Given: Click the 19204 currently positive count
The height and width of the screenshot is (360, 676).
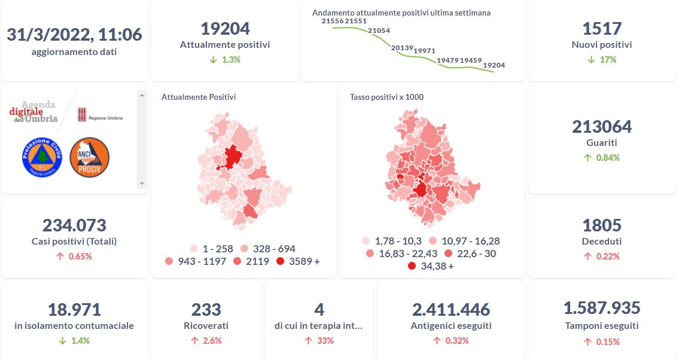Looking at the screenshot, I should [225, 29].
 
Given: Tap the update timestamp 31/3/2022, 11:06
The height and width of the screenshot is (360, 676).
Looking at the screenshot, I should [74, 35].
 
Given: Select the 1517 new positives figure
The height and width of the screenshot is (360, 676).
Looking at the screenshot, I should [602, 29].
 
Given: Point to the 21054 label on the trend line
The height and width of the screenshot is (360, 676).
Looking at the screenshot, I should [379, 30].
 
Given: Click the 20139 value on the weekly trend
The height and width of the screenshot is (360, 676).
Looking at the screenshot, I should [402, 48].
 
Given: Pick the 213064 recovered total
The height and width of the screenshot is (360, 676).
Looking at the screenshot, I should [602, 127].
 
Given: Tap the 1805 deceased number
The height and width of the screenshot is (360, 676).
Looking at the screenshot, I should [602, 225].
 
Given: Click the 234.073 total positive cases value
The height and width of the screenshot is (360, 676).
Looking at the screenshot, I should [74, 225].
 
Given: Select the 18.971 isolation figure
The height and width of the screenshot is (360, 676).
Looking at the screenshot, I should [74, 310].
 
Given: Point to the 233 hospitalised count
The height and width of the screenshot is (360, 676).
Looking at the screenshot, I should [206, 310].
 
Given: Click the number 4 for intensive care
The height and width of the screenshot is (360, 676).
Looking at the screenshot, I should [319, 310].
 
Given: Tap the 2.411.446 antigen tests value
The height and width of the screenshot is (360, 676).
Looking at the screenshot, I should [451, 310].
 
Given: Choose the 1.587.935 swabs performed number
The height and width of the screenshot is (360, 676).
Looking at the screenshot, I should [602, 308].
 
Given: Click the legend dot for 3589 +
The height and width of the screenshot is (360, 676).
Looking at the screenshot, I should [281, 261].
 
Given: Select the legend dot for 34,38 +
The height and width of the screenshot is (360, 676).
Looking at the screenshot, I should [412, 266].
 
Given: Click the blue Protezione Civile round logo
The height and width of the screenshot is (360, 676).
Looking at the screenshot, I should [42, 157].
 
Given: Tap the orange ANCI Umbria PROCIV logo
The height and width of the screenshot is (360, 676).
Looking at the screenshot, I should [89, 157].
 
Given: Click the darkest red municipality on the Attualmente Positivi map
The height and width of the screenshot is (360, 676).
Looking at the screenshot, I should [232, 157].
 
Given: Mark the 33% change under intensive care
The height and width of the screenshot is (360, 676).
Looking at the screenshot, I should [325, 341].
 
